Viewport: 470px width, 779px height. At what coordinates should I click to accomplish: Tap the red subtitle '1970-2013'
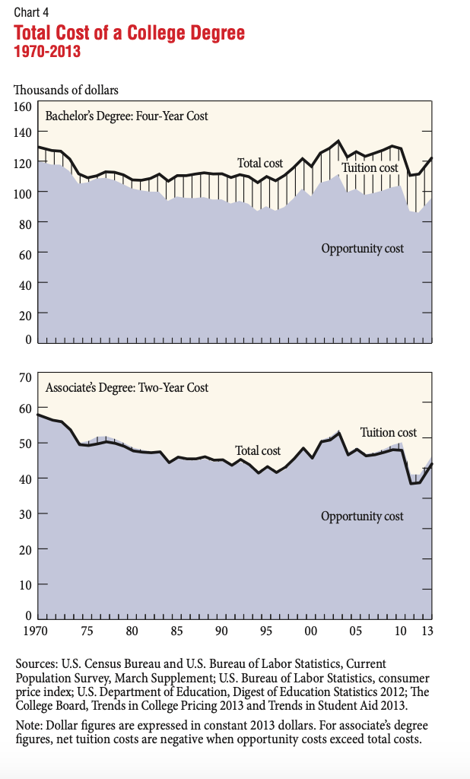click(x=47, y=52)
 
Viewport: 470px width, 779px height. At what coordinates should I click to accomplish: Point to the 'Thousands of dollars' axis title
click(x=66, y=90)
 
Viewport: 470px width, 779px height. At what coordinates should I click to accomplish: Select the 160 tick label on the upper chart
click(x=23, y=106)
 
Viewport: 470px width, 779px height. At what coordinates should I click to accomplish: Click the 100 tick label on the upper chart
click(x=23, y=193)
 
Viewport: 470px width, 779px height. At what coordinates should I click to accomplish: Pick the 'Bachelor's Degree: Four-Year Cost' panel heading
click(x=126, y=116)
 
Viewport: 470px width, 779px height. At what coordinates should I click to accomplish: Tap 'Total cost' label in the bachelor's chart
click(x=260, y=163)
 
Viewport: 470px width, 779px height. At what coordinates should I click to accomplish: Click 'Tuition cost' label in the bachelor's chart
click(x=370, y=167)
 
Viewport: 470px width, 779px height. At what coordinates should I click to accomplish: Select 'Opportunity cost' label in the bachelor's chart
click(x=363, y=248)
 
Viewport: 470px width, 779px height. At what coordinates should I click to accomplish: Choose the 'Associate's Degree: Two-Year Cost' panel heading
click(x=127, y=387)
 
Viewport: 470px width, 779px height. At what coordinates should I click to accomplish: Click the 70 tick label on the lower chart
click(x=24, y=377)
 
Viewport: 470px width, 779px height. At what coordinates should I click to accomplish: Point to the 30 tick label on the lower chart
click(x=24, y=514)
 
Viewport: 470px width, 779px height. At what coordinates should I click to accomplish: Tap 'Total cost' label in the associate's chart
click(x=258, y=450)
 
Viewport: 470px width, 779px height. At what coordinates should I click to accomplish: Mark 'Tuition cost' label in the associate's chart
click(x=389, y=432)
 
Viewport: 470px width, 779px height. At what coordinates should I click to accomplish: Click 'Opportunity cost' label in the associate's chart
click(x=362, y=517)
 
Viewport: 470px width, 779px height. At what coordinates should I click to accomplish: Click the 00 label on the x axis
click(x=310, y=631)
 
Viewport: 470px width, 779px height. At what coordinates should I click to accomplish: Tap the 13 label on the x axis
click(x=428, y=631)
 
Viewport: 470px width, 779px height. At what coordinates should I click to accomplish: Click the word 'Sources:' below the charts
click(x=37, y=664)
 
